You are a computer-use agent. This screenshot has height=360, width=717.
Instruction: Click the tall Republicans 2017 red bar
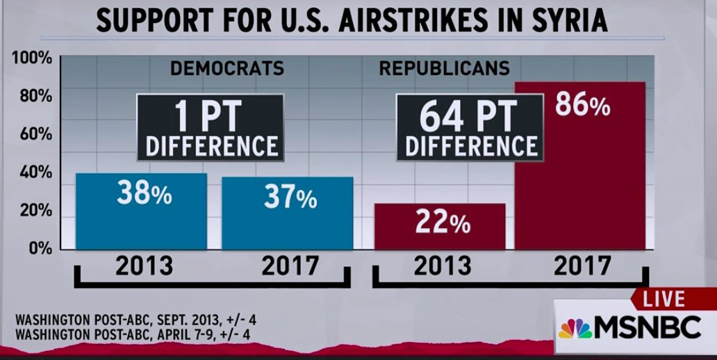coord(579,181)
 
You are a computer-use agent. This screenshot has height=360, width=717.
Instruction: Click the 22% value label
coord(443,223)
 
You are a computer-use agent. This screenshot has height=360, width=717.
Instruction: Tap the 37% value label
coord(290,197)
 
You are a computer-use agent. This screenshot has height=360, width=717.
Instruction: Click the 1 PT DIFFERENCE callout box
coord(209,127)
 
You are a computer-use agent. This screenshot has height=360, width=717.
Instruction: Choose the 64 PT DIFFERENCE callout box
coord(470,127)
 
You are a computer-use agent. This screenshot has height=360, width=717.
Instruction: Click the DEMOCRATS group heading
coord(227,69)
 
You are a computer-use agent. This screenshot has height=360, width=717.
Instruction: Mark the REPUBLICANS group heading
coord(444,69)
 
